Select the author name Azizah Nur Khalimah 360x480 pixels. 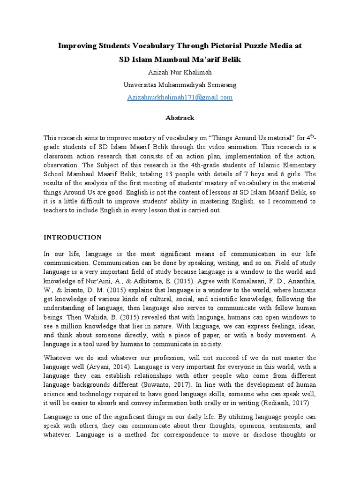(180, 73)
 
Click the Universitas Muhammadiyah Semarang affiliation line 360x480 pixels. (180, 85)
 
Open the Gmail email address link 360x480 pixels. (180, 97)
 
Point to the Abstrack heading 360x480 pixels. (180, 118)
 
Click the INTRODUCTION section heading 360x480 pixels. (72, 237)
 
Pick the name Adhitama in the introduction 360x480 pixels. (142, 281)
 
